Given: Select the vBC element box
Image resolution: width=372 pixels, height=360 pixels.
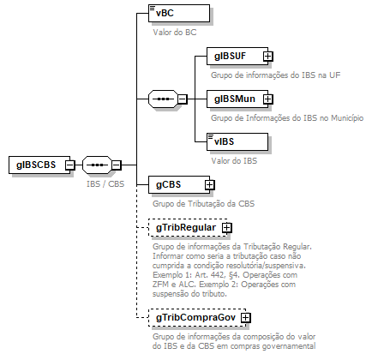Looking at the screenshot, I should (x=165, y=15).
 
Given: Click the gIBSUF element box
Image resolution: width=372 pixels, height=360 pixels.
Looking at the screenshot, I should (x=235, y=56).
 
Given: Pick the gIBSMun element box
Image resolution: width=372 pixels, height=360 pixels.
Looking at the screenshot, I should (x=235, y=99).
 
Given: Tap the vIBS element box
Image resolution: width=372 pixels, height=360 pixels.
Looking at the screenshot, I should (x=237, y=140).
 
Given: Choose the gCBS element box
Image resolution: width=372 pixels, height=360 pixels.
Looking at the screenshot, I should (x=174, y=184).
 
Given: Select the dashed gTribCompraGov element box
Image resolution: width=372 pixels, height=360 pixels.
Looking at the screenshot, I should (x=195, y=318).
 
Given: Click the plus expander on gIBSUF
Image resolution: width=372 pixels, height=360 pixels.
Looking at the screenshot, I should (x=267, y=57).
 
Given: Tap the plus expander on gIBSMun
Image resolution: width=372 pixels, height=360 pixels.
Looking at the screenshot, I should (x=267, y=100).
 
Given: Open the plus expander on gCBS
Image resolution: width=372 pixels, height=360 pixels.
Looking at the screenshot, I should (x=209, y=185).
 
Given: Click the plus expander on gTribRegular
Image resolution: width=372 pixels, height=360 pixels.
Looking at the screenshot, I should (x=227, y=228).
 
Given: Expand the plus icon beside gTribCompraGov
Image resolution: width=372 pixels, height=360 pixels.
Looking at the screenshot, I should (x=246, y=318).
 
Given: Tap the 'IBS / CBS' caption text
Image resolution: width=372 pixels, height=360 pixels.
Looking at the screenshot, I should (x=105, y=183).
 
